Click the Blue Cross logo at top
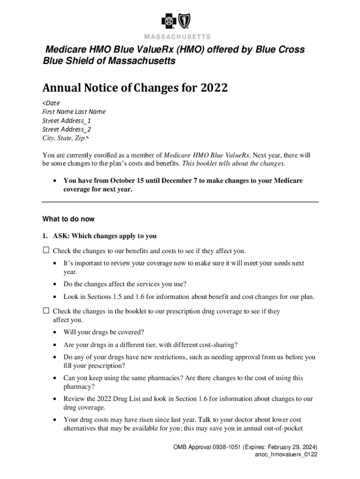click(169, 21)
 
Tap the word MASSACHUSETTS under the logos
click(177, 36)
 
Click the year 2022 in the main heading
click(215, 88)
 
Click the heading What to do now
click(68, 219)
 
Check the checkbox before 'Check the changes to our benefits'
click(46, 250)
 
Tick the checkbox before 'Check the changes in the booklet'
click(46, 311)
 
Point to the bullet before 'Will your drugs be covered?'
click(55, 333)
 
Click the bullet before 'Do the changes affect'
click(55, 284)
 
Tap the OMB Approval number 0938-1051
click(224, 447)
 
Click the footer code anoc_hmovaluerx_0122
click(286, 455)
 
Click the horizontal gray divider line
click(180, 202)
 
